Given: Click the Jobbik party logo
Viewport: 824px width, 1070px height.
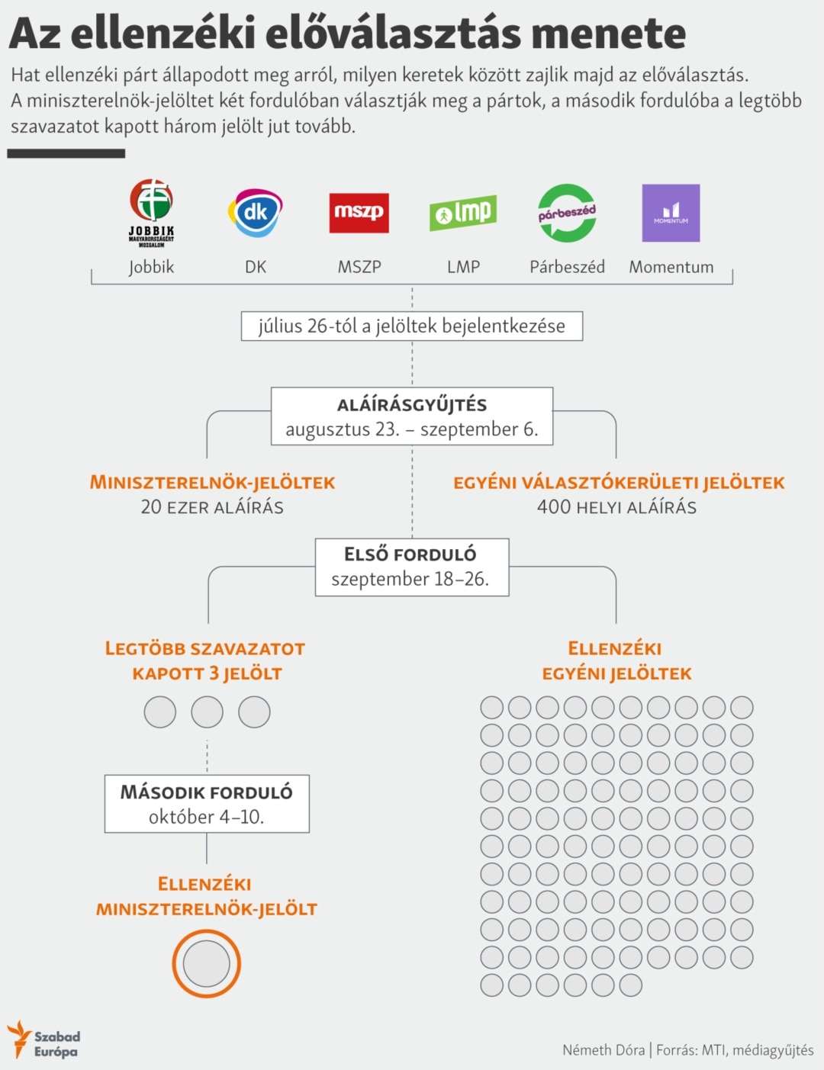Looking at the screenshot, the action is (x=151, y=213).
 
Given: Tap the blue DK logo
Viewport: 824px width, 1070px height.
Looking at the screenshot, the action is (x=255, y=213).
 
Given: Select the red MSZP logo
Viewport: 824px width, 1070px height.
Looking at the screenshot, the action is (x=359, y=213).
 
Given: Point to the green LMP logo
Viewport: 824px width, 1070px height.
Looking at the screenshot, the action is (x=463, y=213).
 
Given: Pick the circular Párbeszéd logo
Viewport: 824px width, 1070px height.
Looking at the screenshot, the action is (x=567, y=213).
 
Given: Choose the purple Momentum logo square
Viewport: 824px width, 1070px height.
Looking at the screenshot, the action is (x=671, y=213).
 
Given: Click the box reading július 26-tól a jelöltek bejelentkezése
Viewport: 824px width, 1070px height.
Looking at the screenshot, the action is (x=412, y=326).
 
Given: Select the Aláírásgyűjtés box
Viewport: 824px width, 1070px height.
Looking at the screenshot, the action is (x=412, y=416).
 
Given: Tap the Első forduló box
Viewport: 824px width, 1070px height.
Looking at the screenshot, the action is (x=412, y=567).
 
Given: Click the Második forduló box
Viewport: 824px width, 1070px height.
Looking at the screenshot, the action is (x=207, y=804).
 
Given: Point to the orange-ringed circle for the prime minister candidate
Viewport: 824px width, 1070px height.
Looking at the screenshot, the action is (x=206, y=964).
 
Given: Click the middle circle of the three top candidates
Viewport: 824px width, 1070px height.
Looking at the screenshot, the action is (x=207, y=712).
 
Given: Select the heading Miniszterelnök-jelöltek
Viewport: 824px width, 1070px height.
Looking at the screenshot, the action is (x=212, y=483).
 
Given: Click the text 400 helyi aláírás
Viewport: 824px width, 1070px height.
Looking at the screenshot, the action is (x=616, y=507).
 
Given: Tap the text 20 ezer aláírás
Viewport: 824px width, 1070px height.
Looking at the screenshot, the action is (x=212, y=507).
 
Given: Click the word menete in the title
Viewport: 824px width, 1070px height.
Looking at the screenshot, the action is (x=608, y=34).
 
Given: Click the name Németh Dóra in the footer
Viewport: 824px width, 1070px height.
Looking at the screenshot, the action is (x=604, y=1050).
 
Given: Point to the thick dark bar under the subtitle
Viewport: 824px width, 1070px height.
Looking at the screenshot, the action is (x=66, y=153).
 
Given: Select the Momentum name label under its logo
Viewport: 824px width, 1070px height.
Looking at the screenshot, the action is (x=671, y=267).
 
